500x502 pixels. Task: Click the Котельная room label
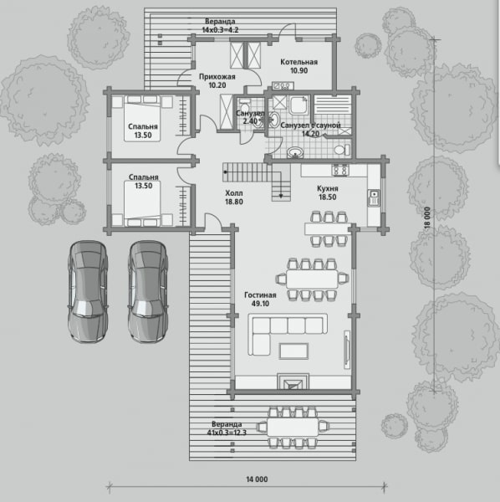(x=298, y=62)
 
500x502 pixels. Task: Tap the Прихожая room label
(x=217, y=77)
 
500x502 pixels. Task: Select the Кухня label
(x=327, y=188)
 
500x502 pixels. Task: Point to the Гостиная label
(x=260, y=295)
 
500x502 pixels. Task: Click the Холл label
(x=234, y=193)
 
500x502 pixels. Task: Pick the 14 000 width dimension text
(x=257, y=479)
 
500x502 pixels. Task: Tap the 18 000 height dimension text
(x=427, y=218)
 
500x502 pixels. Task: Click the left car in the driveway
(x=88, y=292)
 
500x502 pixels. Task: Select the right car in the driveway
(x=148, y=292)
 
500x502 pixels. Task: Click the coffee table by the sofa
(x=294, y=351)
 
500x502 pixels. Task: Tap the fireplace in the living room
(x=293, y=382)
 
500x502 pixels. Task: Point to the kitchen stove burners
(x=340, y=170)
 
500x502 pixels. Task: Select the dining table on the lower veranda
(x=293, y=427)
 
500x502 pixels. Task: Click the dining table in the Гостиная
(x=312, y=279)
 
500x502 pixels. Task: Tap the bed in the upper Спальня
(x=142, y=118)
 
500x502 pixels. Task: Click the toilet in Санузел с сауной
(x=342, y=150)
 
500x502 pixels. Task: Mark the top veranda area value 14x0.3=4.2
(x=220, y=30)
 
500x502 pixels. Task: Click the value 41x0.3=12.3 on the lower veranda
(x=227, y=433)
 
